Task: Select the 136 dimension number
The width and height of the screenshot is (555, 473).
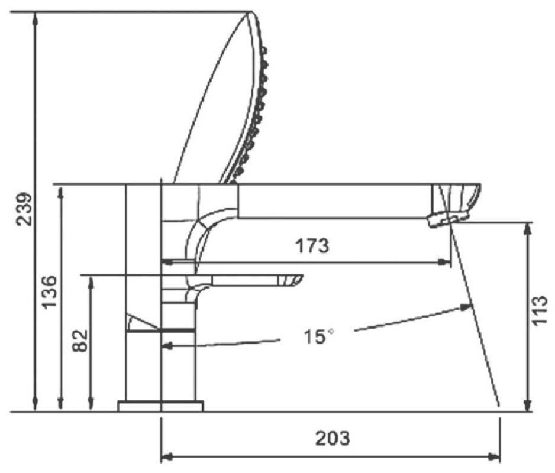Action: point(49,291)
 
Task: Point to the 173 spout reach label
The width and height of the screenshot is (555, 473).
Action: point(312,245)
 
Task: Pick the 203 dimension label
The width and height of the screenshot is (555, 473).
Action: point(333,438)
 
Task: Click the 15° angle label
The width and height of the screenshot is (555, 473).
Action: point(318,336)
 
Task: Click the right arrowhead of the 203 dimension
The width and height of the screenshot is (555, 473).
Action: point(494,456)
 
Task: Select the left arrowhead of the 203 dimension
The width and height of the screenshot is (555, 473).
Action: point(167,456)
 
